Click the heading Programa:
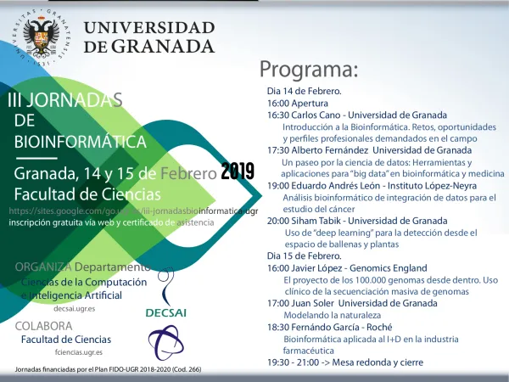(x=309, y=68)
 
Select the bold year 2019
(x=238, y=171)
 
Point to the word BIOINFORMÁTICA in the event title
(x=81, y=141)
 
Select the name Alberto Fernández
(x=331, y=150)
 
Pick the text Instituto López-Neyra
(x=426, y=185)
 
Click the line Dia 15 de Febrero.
(x=304, y=256)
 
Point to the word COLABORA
(x=44, y=326)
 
